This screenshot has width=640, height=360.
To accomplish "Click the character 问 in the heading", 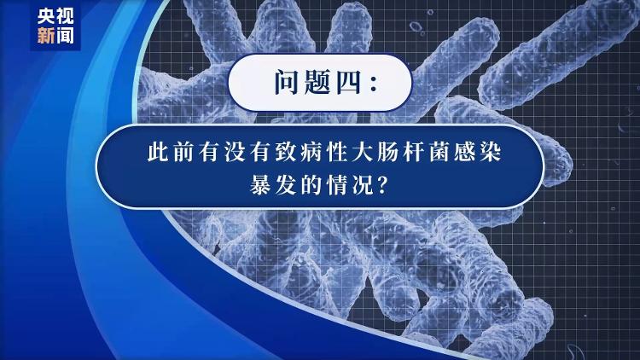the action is click(x=286, y=82).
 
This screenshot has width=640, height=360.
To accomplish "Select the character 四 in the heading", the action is click(x=348, y=83).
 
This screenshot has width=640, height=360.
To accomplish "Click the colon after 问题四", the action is click(x=373, y=83).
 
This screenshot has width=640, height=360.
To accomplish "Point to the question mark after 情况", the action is click(x=381, y=185).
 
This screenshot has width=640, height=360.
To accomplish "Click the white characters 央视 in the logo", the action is click(x=55, y=17).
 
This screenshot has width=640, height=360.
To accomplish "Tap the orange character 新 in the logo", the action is click(x=46, y=36).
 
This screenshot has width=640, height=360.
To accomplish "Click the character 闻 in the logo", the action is click(x=65, y=36).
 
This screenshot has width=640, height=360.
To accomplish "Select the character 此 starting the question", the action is click(x=158, y=152).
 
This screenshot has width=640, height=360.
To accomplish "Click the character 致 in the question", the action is click(x=286, y=152).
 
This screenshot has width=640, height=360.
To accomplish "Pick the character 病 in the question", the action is click(x=311, y=152).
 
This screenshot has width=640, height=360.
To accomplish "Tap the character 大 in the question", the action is click(x=362, y=152).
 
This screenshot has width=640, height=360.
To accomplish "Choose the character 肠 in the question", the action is click(x=387, y=152).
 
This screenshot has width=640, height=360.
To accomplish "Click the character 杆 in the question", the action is click(x=414, y=152).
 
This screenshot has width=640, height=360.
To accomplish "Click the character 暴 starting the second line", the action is click(x=260, y=185).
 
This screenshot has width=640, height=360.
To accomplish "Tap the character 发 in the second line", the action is click(x=286, y=185).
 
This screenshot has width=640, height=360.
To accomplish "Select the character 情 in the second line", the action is click(x=337, y=185).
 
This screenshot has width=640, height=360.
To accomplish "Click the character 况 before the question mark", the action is click(x=362, y=185).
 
